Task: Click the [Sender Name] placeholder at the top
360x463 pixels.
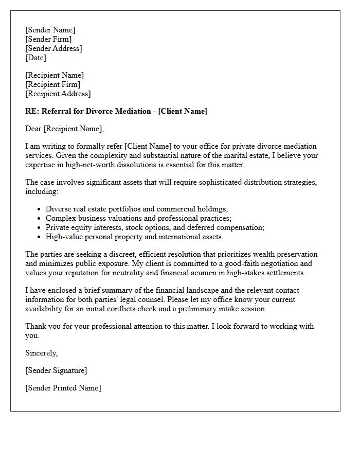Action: pyautogui.click(x=50, y=30)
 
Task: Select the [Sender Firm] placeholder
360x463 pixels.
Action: pyautogui.click(x=48, y=39)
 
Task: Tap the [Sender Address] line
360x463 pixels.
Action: pyautogui.click(x=53, y=48)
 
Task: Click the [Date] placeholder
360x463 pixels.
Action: pyautogui.click(x=35, y=58)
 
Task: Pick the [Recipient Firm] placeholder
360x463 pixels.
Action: pyautogui.click(x=52, y=84)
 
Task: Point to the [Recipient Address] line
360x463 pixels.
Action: pyautogui.click(x=58, y=94)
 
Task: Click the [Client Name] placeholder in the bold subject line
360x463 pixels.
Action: pyautogui.click(x=183, y=111)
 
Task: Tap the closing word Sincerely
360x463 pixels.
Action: pyautogui.click(x=41, y=353)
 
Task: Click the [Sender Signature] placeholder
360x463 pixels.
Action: pyautogui.click(x=56, y=370)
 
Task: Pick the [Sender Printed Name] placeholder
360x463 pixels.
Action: pyautogui.click(x=63, y=388)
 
